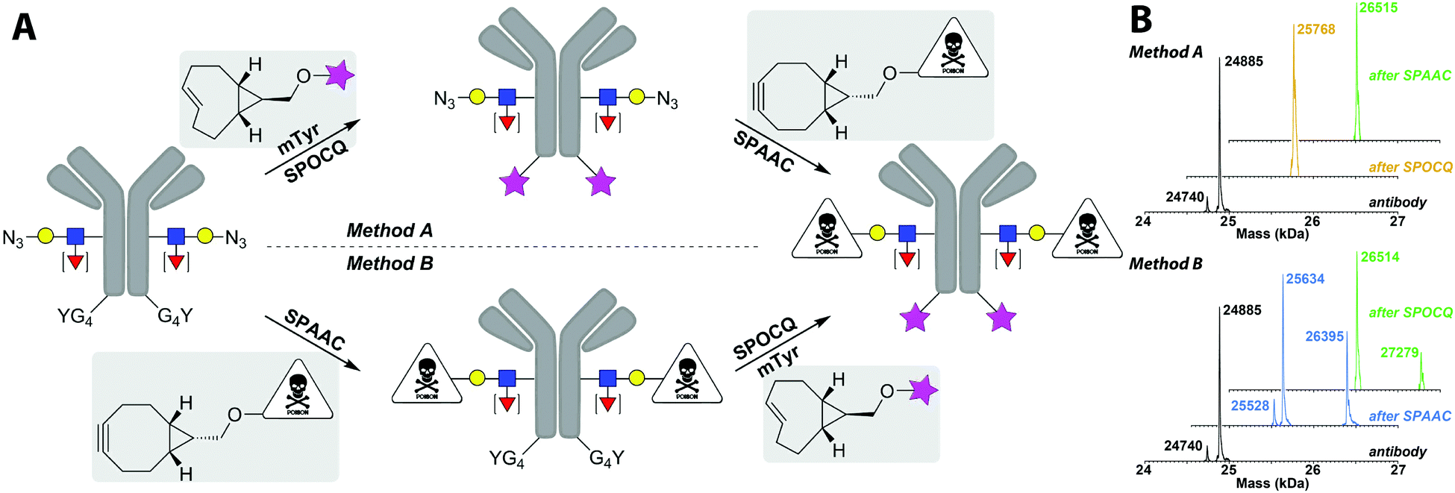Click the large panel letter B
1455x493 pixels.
tap(1141, 20)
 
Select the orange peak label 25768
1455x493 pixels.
tap(1315, 30)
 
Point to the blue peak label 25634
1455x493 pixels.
tap(1305, 279)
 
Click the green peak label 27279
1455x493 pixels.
tap(1399, 353)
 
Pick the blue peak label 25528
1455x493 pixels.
tap(1250, 406)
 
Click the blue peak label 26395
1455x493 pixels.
tap(1324, 337)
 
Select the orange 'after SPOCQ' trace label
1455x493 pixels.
tap(1410, 167)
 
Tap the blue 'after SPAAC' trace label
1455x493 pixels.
tap(1409, 416)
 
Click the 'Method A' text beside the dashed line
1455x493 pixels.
tap(389, 230)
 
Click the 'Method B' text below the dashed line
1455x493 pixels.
tap(389, 264)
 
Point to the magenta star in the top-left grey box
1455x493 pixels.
tap(339, 75)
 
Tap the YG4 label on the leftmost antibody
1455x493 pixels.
tap(75, 317)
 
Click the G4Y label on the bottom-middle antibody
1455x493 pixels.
tap(607, 458)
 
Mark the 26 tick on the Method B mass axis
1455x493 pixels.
tap(1312, 470)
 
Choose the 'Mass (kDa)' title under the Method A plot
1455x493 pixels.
tap(1272, 233)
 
